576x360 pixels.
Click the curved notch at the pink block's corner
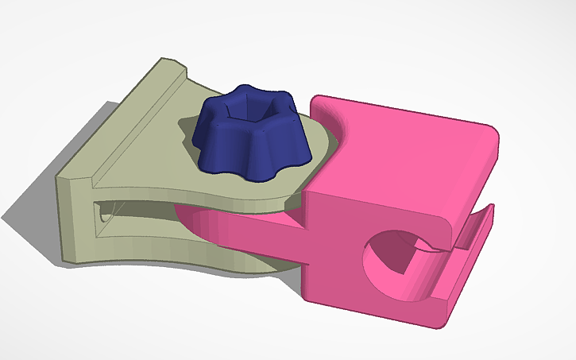point(334,127)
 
